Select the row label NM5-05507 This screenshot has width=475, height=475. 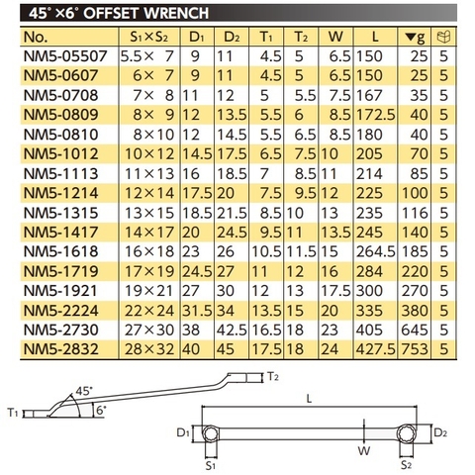click(x=62, y=58)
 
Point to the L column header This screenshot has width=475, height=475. click(x=371, y=39)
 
